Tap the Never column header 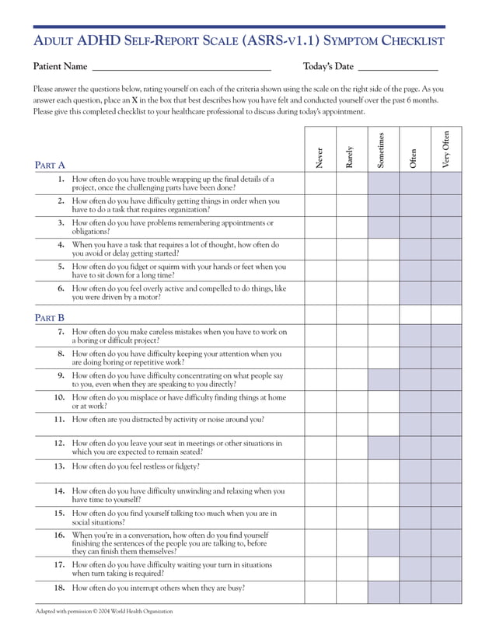tap(320, 157)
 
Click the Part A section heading tap(51, 165)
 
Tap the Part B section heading tap(51, 317)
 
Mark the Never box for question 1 tap(320, 183)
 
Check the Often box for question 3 tap(415, 227)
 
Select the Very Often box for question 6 tap(446, 292)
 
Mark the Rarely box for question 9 tap(351, 379)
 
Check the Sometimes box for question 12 tap(383, 448)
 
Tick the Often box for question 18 tap(415, 592)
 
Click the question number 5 tap(60, 267)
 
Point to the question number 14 tap(59, 491)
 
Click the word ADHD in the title tap(100, 40)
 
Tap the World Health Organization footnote tap(104, 612)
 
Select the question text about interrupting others tap(159, 588)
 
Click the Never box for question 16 tap(320, 543)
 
